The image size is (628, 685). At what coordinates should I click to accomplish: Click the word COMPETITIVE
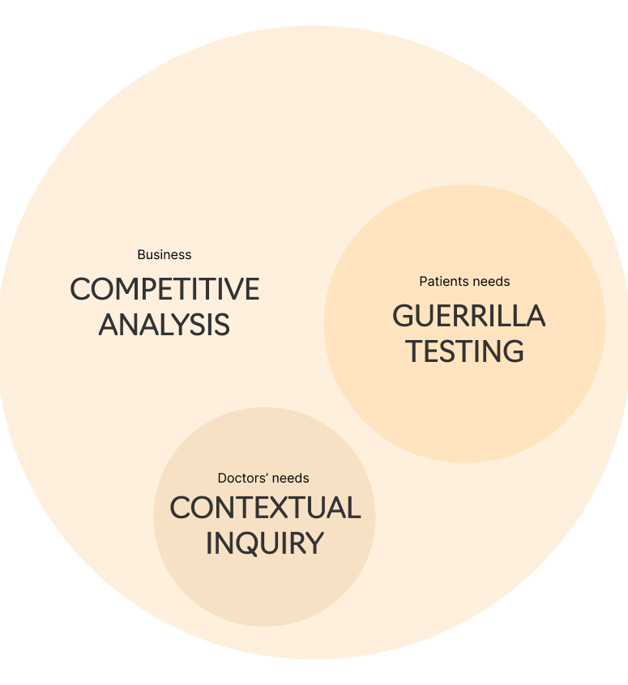tap(164, 289)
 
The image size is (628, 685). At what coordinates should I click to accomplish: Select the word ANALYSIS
tap(164, 325)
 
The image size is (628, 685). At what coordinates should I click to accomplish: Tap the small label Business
tap(164, 254)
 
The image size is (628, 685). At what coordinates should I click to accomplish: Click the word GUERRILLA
tap(468, 316)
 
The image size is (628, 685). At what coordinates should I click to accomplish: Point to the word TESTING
tap(464, 351)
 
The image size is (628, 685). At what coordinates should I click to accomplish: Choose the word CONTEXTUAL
tap(265, 508)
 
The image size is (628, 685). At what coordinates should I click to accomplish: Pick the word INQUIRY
tap(264, 543)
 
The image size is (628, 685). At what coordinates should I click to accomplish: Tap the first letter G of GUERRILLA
tap(404, 316)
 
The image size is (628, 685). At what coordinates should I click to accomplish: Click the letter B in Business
tap(141, 254)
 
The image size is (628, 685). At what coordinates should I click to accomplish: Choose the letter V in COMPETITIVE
tap(229, 289)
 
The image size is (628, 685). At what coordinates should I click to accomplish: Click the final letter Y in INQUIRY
tap(314, 543)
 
